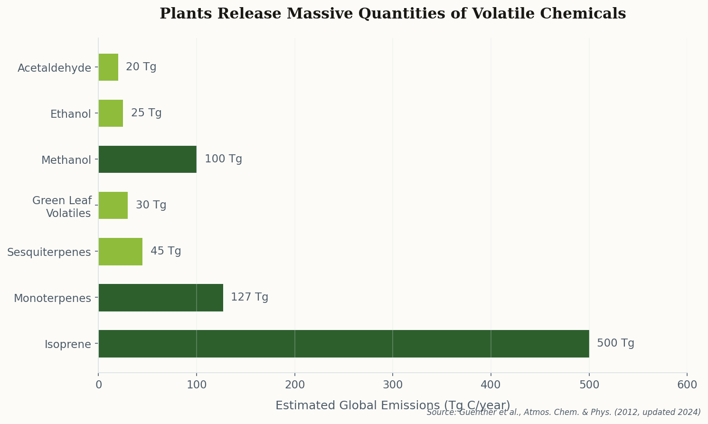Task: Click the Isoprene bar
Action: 343,344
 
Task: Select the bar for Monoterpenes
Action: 160,298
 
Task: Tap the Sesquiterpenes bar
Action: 120,252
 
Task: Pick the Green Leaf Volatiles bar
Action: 113,206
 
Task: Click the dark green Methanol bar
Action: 147,160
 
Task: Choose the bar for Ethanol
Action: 111,113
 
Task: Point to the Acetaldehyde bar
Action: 108,67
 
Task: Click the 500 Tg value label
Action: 615,343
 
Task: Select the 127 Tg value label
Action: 249,297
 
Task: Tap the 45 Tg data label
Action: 166,251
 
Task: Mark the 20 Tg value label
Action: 141,67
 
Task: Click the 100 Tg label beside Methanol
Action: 223,159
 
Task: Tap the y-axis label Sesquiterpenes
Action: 49,252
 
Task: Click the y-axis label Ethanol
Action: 70,114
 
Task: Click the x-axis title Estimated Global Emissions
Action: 392,405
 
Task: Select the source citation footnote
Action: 563,412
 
